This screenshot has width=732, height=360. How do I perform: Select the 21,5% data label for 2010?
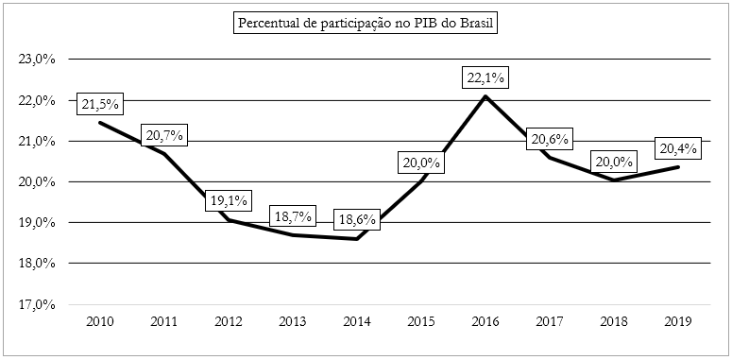click(x=98, y=103)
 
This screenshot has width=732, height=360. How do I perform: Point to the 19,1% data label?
click(x=227, y=200)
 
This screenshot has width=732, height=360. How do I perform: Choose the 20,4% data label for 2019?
click(x=677, y=148)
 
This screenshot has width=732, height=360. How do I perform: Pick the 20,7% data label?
click(x=163, y=136)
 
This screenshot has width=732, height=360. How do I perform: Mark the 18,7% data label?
click(x=292, y=215)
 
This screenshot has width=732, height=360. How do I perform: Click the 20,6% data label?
click(x=550, y=140)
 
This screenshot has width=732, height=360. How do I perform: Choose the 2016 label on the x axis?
click(x=485, y=322)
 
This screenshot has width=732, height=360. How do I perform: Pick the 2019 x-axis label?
click(x=678, y=322)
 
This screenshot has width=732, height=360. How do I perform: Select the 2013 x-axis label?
click(x=292, y=322)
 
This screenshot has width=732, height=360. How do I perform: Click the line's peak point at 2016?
click(x=485, y=96)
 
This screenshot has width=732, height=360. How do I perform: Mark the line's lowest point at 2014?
click(x=356, y=238)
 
